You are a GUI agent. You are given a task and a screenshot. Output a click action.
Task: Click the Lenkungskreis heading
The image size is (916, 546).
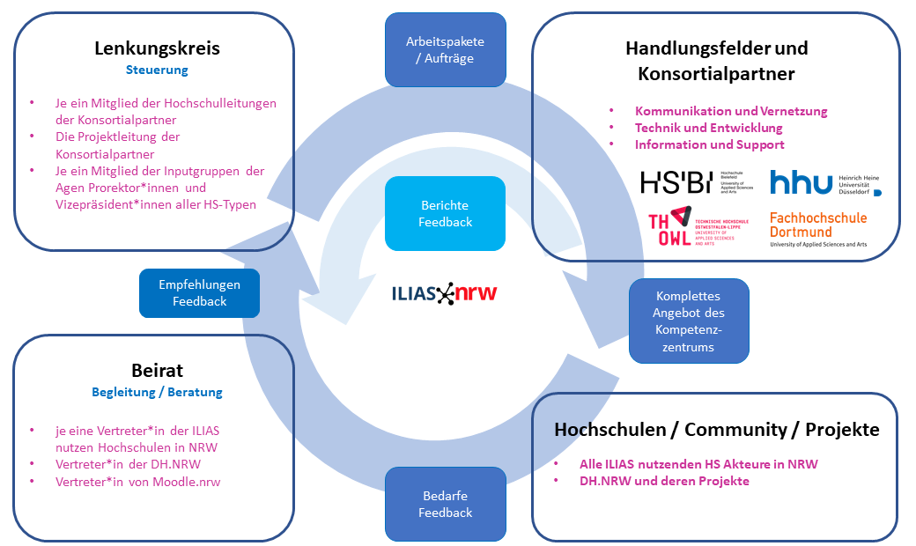tap(157, 48)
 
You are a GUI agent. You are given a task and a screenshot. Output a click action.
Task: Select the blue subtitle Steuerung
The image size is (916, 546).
tap(157, 70)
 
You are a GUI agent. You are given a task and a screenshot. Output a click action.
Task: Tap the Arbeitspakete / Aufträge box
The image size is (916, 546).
tap(445, 49)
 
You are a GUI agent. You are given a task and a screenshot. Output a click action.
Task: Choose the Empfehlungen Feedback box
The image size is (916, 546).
tap(199, 293)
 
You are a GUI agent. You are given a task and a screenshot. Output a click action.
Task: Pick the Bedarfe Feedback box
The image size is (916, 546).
tap(445, 505)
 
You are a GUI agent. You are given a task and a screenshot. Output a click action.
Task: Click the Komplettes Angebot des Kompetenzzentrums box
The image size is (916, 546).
tap(688, 321)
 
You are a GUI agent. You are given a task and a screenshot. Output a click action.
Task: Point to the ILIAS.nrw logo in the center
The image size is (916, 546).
tap(444, 293)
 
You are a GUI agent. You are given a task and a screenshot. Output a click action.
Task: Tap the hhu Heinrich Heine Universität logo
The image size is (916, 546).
tap(824, 182)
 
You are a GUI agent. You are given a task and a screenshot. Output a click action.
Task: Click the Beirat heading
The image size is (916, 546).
tap(157, 370)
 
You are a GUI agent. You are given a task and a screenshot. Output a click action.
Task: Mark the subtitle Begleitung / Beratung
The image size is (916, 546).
tap(157, 392)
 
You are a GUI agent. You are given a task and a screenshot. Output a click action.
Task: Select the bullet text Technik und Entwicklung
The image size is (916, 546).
tap(708, 128)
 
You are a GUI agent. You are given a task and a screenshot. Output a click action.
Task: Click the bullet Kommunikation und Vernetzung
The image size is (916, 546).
tap(730, 111)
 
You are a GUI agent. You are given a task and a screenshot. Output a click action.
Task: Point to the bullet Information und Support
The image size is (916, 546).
tap(709, 144)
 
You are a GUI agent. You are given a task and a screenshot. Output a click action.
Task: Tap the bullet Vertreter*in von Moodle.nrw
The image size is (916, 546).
tap(137, 482)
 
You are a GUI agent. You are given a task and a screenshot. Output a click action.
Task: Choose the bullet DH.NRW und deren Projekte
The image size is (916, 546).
tap(663, 481)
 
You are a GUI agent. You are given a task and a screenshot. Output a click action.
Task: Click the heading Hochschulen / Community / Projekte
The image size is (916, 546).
tap(716, 430)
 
